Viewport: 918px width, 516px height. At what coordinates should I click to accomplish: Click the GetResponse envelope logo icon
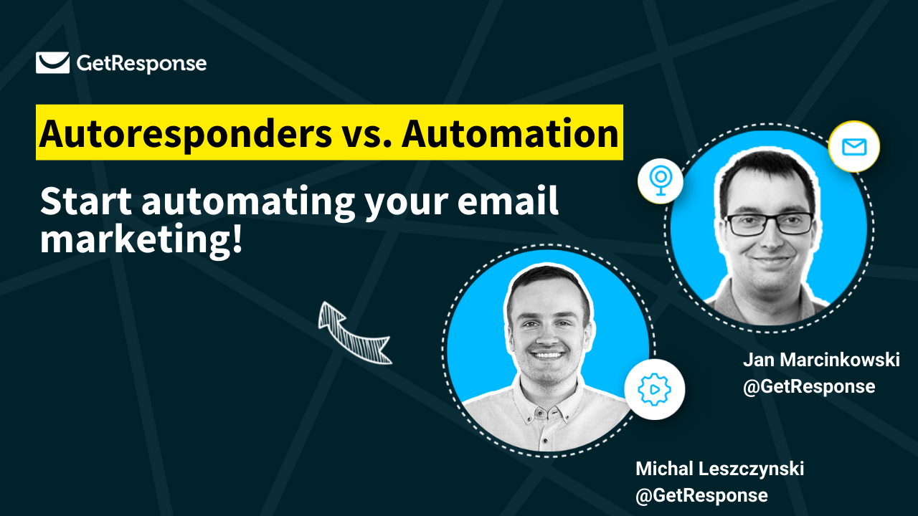52,63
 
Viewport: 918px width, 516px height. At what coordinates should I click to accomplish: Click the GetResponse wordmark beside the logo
141,64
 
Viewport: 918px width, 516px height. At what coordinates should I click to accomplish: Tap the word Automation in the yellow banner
510,133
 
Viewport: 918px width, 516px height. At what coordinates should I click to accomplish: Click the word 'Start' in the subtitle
86,202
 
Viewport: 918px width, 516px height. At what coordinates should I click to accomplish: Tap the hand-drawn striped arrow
354,333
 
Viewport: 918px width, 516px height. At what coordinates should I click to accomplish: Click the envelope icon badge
853,148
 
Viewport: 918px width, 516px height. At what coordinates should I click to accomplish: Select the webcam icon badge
660,181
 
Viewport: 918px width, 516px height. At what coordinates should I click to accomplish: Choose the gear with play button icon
654,390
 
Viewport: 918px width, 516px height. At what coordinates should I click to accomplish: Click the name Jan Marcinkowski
820,360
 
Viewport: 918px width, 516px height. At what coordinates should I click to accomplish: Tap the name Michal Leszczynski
719,469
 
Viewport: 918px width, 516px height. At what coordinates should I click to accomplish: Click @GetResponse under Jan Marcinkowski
809,386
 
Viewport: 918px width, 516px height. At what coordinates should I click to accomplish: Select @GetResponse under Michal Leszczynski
701,495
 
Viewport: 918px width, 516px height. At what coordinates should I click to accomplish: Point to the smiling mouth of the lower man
549,355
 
